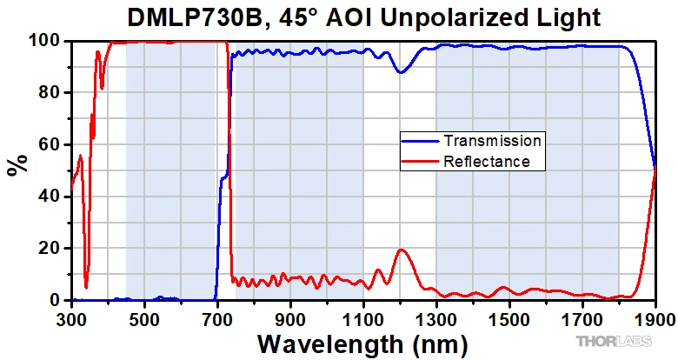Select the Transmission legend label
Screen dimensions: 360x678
point(493,140)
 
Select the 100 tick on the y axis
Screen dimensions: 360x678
point(45,41)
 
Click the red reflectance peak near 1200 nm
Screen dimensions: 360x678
point(401,250)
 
